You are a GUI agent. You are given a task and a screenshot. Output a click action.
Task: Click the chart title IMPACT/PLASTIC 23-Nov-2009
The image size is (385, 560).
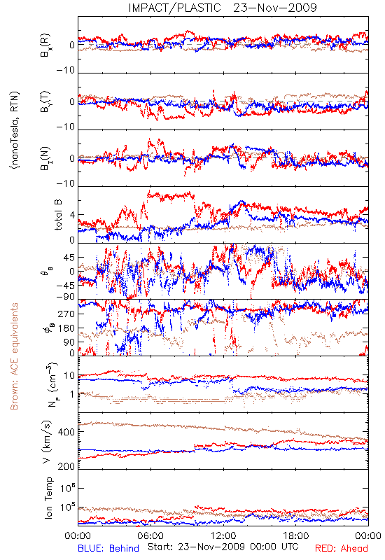pos(222,8)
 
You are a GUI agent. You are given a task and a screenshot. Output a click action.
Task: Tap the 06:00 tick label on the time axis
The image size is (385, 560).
pos(150,535)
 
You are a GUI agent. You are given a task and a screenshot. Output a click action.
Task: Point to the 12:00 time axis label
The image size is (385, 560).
pos(223,535)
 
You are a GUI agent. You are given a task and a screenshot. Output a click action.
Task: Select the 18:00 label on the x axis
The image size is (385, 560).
pos(296,535)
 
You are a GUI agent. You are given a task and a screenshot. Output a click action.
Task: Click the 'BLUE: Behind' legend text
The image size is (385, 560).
pos(108,548)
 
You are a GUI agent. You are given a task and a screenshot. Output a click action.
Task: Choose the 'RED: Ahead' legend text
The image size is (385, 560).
pos(341,548)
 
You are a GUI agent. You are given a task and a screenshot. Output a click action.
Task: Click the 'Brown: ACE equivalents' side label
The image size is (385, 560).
pos(14,356)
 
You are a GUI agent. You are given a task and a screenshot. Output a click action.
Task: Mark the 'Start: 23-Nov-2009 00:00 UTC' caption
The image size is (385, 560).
pos(223,547)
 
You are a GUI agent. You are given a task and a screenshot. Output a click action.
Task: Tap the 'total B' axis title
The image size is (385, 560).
pos(58,215)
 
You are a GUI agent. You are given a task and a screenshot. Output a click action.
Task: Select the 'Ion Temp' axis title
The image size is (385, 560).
pos(48,498)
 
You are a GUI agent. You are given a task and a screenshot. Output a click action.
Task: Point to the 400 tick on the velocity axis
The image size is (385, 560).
pos(66,432)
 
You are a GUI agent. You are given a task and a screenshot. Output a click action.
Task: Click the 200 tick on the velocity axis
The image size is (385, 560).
pos(66,466)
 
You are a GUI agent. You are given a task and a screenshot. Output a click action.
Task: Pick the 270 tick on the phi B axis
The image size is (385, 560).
pos(66,314)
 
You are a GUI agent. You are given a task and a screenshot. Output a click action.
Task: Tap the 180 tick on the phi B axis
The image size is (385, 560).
pos(66,328)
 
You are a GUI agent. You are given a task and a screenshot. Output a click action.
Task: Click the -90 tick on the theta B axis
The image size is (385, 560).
pos(65,297)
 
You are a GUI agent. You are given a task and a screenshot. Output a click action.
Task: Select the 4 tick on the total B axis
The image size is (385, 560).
pos(72,215)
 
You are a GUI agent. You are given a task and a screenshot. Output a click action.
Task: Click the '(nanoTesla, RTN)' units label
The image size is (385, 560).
pos(15,130)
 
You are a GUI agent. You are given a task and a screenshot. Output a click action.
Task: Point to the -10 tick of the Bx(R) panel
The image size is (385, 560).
pos(66,71)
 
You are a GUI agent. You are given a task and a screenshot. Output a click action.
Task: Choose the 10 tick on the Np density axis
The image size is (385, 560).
pos(69,376)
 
